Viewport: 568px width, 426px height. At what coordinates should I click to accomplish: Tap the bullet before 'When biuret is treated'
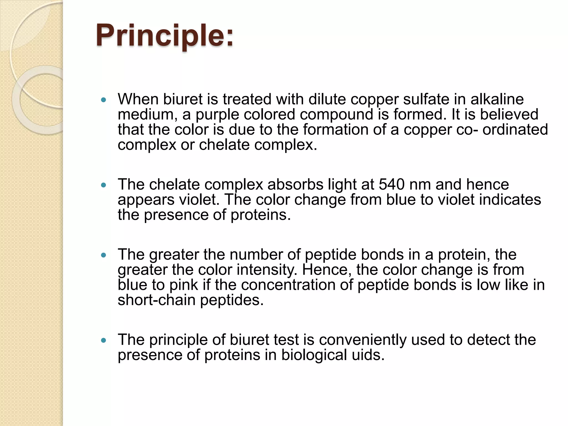click(104, 100)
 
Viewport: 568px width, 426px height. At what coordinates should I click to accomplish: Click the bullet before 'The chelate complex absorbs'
click(104, 185)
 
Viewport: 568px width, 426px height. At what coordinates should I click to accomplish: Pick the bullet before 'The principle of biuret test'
click(104, 340)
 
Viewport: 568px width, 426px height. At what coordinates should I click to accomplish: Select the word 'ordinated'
click(515, 130)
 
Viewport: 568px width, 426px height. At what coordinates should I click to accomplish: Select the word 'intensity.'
click(267, 270)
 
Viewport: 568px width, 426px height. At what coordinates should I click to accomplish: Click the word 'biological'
click(314, 355)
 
